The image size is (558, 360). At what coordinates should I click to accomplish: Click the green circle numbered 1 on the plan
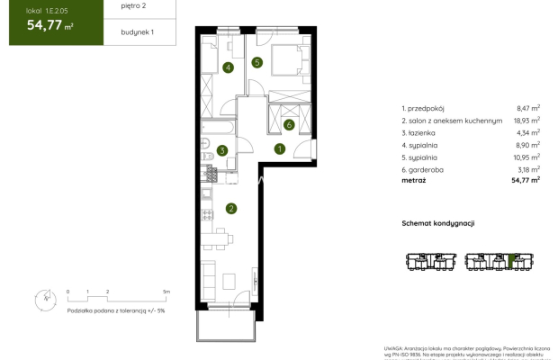tap(280, 149)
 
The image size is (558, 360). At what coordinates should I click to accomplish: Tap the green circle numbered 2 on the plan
tap(231, 210)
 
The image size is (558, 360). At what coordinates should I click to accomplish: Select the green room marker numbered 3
tap(221, 151)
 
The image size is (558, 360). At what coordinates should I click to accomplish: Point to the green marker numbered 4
tap(229, 67)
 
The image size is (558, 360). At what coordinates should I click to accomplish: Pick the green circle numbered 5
tap(256, 62)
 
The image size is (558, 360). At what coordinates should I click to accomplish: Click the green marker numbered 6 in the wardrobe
tap(289, 124)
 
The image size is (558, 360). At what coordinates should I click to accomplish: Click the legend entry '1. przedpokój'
tap(424, 106)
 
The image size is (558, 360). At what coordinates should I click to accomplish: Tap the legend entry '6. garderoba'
tap(423, 167)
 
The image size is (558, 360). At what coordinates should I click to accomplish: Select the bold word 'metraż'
tap(415, 179)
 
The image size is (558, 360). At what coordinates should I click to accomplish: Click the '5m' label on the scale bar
tap(166, 292)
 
